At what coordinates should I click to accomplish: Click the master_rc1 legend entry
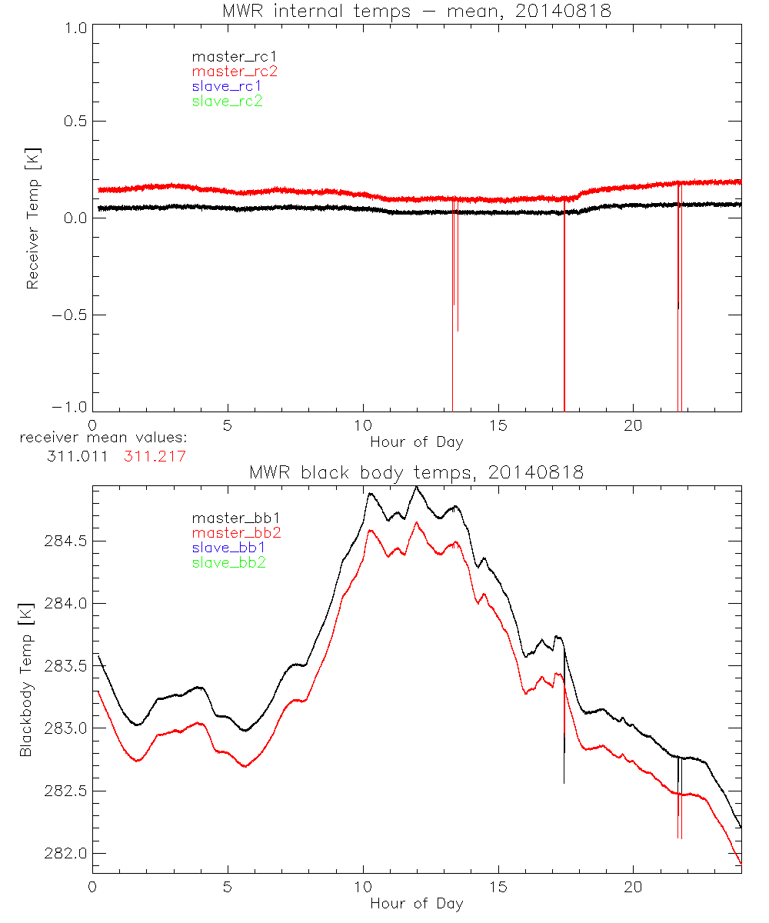(x=227, y=56)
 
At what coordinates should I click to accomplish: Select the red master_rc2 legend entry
(x=227, y=71)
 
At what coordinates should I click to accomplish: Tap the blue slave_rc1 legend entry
(x=227, y=85)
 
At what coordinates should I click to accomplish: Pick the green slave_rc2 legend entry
(x=227, y=100)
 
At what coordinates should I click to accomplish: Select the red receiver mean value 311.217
(x=154, y=456)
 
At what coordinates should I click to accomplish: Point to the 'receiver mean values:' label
(x=104, y=438)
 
